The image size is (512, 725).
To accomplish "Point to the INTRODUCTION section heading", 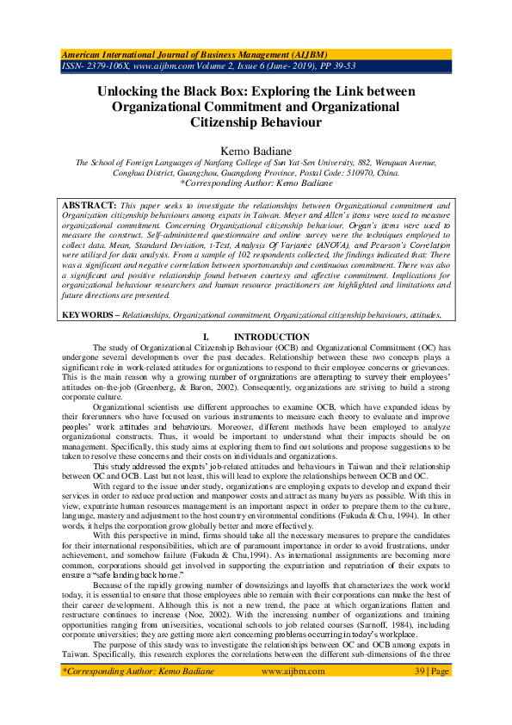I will (271, 337).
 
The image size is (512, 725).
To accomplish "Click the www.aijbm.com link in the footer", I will (287, 669).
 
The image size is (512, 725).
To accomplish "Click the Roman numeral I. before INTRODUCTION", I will (205, 337).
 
